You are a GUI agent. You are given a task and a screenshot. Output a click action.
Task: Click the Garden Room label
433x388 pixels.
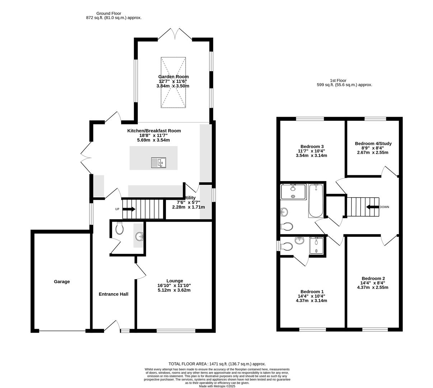coord(173,77)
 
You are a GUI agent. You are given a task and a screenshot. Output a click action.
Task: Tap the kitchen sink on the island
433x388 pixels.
coord(158,163)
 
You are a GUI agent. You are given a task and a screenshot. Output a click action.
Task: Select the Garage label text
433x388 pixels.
coord(62,282)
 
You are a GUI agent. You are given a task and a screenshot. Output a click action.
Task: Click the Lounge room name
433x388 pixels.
coord(174,281)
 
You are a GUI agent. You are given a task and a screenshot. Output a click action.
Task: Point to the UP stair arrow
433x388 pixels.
coord(129,209)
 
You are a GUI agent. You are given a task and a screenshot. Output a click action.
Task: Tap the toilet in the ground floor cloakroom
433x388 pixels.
coord(120,228)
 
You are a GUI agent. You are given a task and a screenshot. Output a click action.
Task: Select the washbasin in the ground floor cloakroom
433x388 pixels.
coord(139,236)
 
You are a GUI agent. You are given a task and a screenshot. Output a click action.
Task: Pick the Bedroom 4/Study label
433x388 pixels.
coord(373,143)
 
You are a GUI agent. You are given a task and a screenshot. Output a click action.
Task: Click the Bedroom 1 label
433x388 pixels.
coord(312,291)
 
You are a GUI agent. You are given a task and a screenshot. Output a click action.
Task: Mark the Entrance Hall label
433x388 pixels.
coord(113,294)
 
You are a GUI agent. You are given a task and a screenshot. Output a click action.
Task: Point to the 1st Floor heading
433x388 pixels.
coord(338,80)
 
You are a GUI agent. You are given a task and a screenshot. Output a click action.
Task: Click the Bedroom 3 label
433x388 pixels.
coord(312,146)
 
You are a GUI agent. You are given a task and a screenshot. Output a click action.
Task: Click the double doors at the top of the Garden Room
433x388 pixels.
coord(175,34)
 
